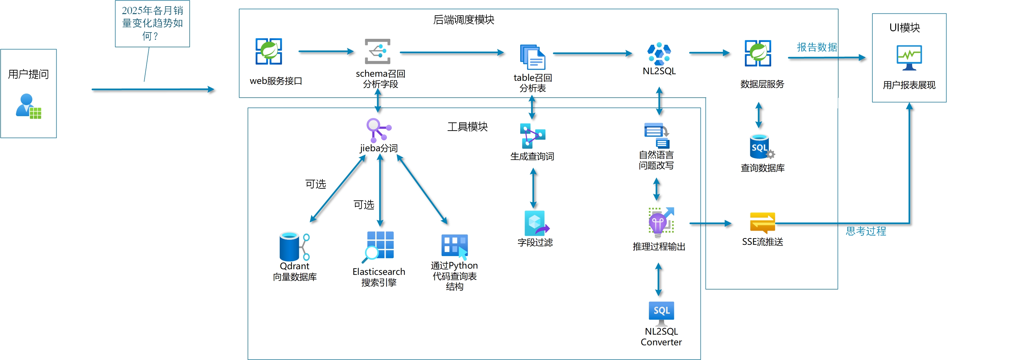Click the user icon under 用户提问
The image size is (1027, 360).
click(28, 106)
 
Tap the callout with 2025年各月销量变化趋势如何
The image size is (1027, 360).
click(152, 23)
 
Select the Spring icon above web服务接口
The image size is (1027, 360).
click(269, 51)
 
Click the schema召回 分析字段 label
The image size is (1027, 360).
click(380, 79)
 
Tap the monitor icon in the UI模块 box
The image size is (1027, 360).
click(909, 57)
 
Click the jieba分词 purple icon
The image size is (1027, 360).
click(378, 130)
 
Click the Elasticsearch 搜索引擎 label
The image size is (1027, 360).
click(379, 277)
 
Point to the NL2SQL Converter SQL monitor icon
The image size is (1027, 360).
click(661, 312)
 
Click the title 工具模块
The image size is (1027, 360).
click(467, 127)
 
